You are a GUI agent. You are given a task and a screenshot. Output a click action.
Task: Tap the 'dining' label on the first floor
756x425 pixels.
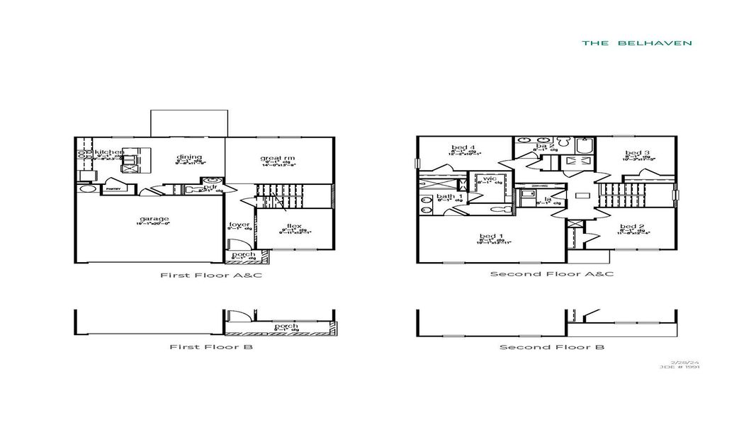(x=189, y=157)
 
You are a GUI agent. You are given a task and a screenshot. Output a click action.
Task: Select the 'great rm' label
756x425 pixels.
(x=278, y=158)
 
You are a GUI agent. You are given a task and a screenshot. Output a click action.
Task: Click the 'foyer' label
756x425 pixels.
(x=239, y=225)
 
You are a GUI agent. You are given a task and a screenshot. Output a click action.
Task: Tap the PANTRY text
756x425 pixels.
(x=112, y=190)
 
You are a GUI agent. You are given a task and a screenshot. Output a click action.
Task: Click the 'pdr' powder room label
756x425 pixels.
(x=210, y=187)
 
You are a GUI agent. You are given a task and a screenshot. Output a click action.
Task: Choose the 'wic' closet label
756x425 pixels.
(x=489, y=178)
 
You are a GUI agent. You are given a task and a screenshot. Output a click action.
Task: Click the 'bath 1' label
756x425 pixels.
(x=448, y=196)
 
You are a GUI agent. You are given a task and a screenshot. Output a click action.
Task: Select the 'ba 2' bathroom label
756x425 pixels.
(x=545, y=145)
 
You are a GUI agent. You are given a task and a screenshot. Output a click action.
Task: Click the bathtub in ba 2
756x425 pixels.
(x=584, y=147)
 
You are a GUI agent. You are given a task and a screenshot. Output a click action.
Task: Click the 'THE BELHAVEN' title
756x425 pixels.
(x=636, y=43)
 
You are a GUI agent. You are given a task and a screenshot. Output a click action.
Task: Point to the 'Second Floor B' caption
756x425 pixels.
(x=551, y=347)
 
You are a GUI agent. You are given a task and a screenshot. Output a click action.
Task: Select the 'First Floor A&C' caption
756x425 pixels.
(x=210, y=275)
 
